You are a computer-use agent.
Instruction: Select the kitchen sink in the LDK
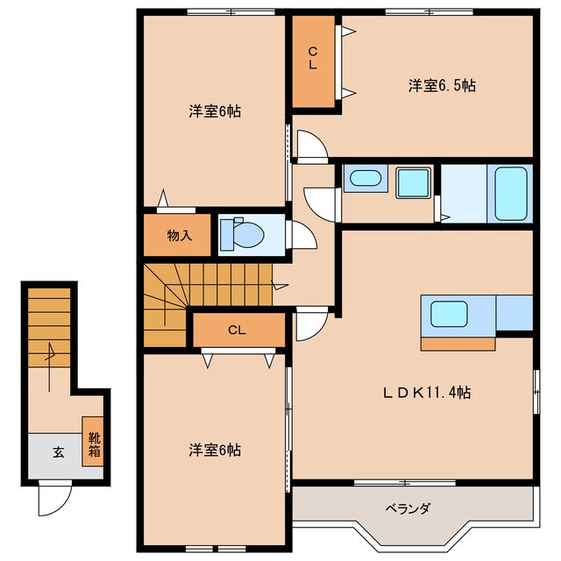(x=448, y=313)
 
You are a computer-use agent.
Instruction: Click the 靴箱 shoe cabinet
(x=92, y=440)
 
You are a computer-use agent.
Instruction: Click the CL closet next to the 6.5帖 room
(x=313, y=59)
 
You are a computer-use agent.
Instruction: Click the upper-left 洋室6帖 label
(x=216, y=111)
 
